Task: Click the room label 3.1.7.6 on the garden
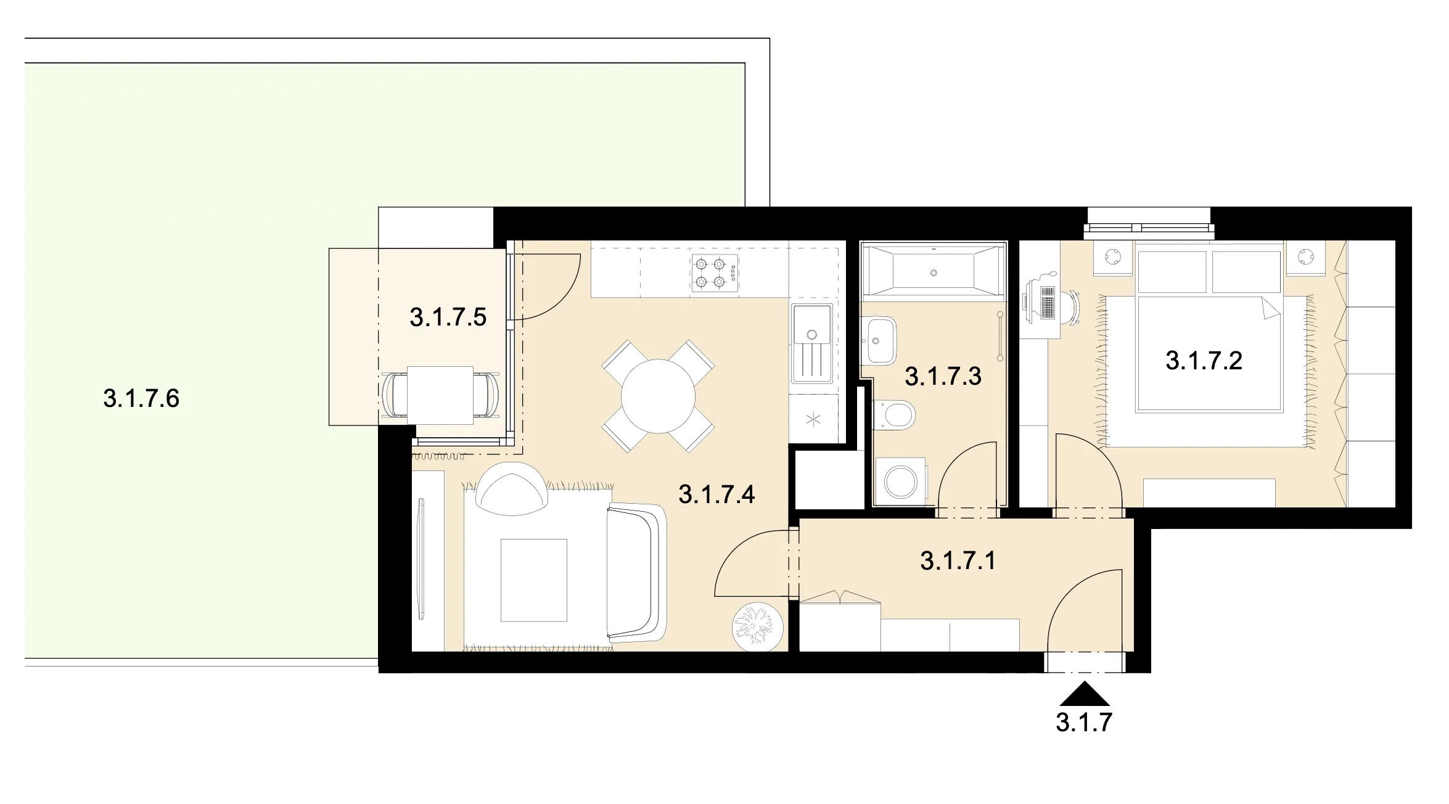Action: (141, 398)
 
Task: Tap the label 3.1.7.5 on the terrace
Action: (448, 317)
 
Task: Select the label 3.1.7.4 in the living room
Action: (716, 494)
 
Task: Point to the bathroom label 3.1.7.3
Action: (943, 376)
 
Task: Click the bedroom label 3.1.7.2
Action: (1204, 361)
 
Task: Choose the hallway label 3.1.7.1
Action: (958, 561)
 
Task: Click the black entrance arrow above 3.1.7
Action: (1085, 694)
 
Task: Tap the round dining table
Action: (658, 396)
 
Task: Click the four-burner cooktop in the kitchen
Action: (715, 273)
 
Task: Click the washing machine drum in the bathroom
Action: (900, 481)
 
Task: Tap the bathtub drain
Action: (934, 273)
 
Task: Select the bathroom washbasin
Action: (880, 340)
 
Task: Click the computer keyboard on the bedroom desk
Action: (1046, 303)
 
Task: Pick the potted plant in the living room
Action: (757, 627)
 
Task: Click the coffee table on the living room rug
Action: (533, 580)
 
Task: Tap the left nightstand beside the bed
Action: (1114, 257)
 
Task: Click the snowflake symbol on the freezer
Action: (813, 420)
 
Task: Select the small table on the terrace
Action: (440, 395)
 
